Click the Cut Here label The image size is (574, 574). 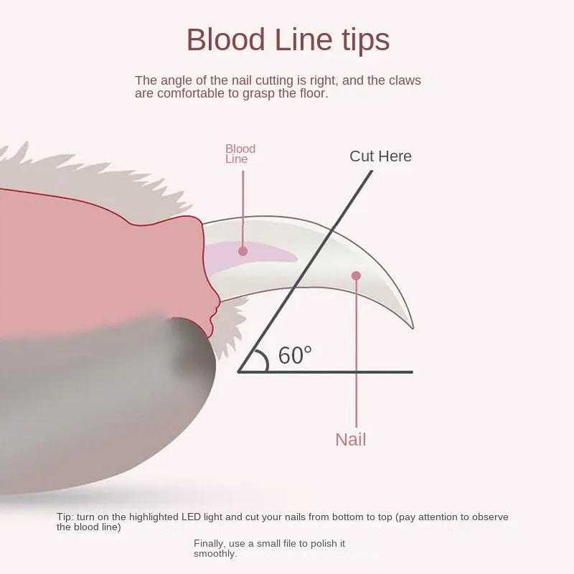380,156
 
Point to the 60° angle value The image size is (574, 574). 296,354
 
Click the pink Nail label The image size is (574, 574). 351,440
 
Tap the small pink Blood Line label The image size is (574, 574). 240,154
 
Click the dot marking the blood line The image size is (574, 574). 243,251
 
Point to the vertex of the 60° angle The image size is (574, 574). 239,372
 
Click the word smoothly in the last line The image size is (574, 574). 215,554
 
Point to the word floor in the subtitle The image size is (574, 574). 311,93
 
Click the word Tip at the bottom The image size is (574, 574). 65,517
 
